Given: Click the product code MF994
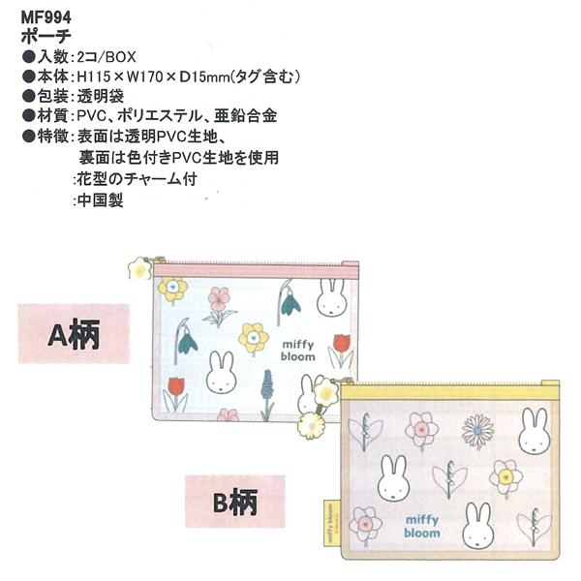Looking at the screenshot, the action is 46,17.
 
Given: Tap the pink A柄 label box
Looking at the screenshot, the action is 75,333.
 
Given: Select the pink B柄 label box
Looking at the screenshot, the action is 235,502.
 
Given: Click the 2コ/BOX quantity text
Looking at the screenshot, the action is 107,57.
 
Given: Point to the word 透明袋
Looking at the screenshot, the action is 101,96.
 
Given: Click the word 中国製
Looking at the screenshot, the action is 101,200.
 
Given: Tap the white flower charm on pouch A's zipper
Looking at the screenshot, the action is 139,268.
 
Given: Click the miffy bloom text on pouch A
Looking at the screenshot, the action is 298,351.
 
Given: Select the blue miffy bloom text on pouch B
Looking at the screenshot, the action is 422,526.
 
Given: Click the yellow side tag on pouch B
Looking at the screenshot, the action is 330,523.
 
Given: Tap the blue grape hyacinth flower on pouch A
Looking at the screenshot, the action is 267,394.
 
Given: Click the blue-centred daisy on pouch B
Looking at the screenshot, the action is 478,431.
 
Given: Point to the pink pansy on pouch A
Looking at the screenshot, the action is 220,306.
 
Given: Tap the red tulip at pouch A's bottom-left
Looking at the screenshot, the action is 175,394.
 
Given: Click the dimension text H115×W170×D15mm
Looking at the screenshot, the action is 153,76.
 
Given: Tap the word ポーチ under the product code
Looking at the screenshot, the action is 46,37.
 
